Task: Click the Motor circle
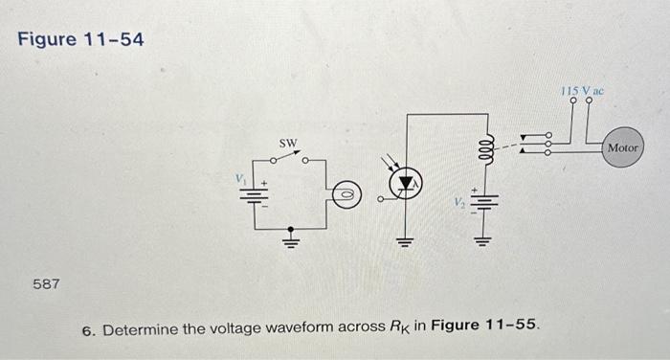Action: coord(622,149)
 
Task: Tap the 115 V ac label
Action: coord(583,88)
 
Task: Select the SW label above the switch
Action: coord(288,143)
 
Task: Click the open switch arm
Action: coord(289,157)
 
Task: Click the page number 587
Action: coord(46,284)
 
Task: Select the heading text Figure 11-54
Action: coord(80,40)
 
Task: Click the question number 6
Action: coord(88,331)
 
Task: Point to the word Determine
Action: coord(140,330)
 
